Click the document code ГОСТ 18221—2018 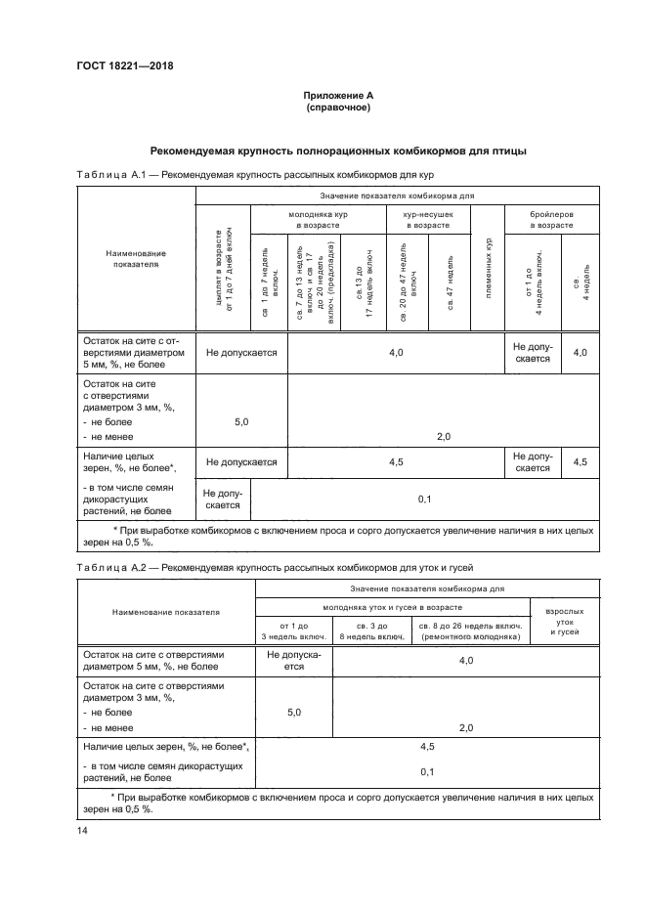[x=118, y=66]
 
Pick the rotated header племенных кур [x=487, y=268]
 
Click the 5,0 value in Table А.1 [x=242, y=420]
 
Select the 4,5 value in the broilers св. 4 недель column [x=580, y=461]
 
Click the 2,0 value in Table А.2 [x=465, y=727]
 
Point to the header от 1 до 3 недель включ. [x=293, y=631]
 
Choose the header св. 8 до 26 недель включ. [x=470, y=631]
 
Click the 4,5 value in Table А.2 [x=426, y=747]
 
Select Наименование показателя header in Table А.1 [x=137, y=258]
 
